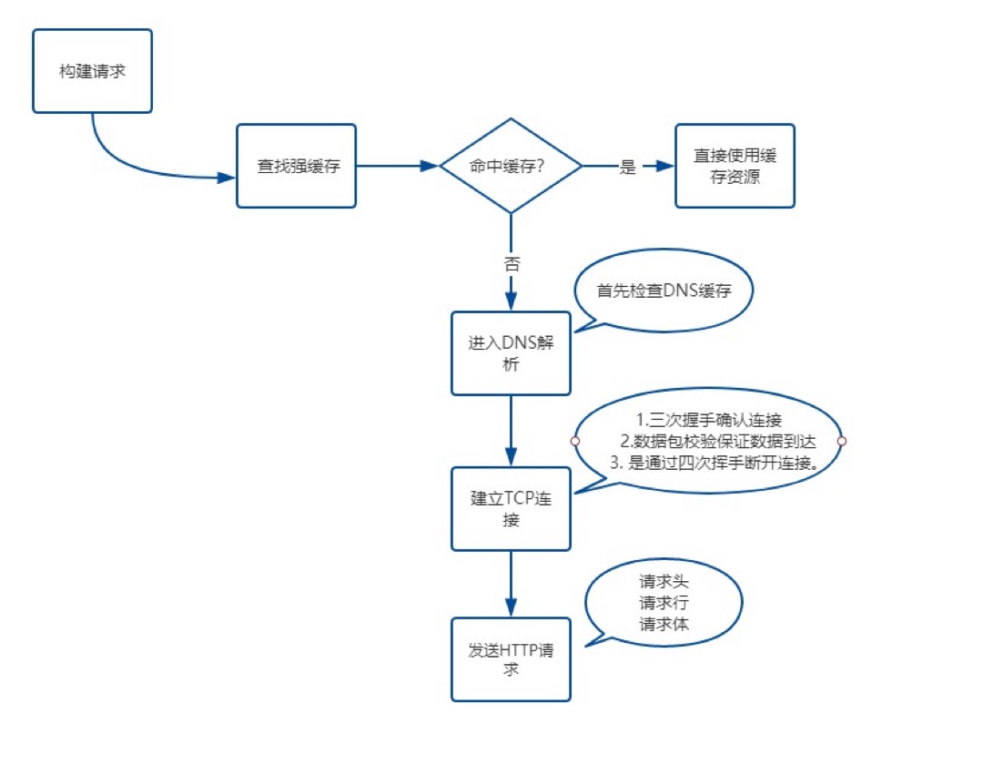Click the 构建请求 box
91,71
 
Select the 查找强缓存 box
296,167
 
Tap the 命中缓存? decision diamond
511,167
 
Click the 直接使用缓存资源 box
735,167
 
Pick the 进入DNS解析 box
511,353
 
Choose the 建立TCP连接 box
511,508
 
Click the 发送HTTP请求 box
511,659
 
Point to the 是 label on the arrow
627,168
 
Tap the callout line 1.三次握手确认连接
707,421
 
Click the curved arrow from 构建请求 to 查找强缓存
127,162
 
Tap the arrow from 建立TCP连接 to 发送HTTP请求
511,584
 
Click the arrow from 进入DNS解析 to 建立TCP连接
511,430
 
